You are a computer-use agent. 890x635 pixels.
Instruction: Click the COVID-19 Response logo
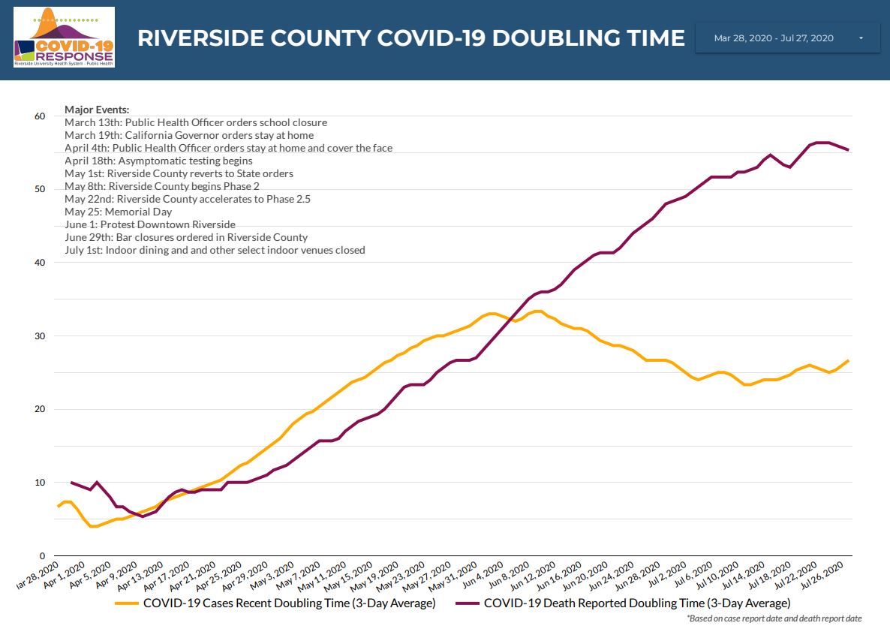64,38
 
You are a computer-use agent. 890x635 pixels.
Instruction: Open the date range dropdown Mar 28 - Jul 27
787,38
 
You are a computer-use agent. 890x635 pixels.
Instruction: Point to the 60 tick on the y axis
39,116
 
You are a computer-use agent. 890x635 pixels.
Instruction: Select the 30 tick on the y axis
39,336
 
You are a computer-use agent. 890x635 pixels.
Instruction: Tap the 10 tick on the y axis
39,482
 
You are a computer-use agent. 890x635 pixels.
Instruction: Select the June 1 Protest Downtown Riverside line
150,224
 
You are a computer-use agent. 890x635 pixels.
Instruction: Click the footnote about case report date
774,618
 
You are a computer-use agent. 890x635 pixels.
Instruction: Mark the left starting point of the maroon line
71,482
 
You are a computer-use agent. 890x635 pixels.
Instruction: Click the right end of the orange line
848,360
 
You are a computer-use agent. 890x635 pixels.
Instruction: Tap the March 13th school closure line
196,122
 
